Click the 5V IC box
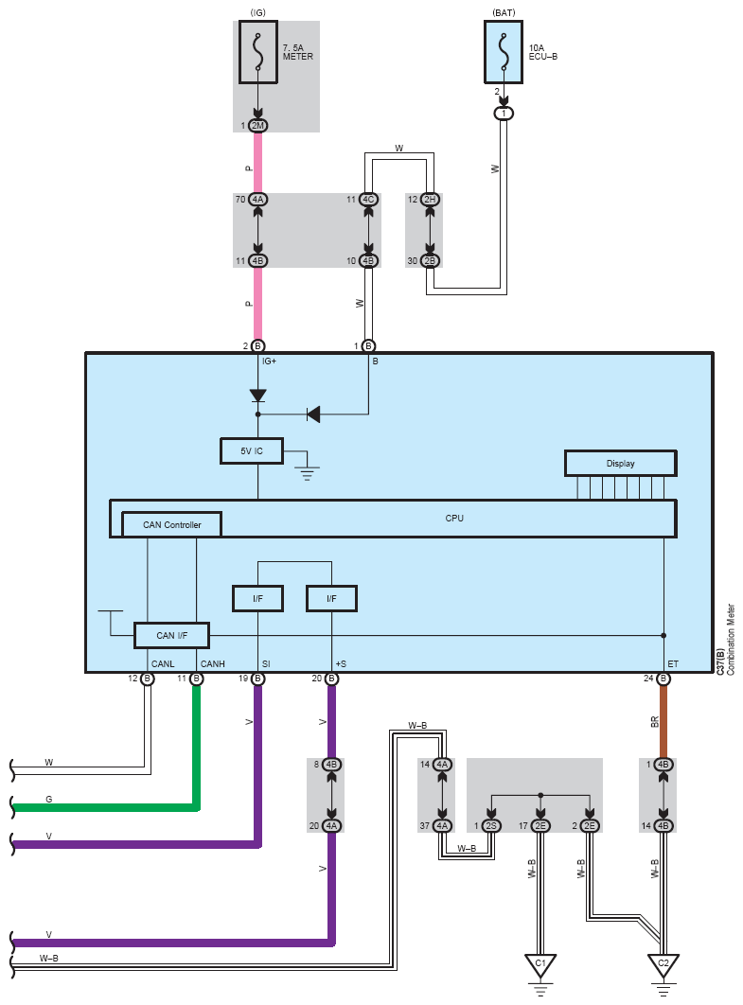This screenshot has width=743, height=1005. click(251, 451)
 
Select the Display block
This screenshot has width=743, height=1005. click(620, 463)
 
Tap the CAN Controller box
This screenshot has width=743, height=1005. click(171, 525)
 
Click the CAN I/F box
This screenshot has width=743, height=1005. click(171, 635)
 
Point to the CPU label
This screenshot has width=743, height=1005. click(454, 518)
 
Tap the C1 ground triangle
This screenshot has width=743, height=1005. click(540, 964)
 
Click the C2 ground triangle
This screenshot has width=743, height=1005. click(663, 964)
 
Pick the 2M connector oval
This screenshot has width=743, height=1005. click(257, 126)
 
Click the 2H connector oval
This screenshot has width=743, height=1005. click(430, 200)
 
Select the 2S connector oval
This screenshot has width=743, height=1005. click(491, 826)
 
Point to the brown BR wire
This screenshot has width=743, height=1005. click(663, 719)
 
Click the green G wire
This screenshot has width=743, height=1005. click(104, 807)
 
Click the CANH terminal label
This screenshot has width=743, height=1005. click(211, 663)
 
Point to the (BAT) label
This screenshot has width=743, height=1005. click(504, 11)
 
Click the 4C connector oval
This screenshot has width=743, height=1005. click(368, 200)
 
